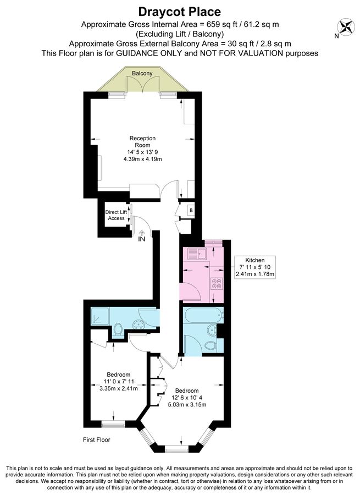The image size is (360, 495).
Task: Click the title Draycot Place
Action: [x=180, y=12]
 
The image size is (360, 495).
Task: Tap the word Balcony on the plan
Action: [x=142, y=73]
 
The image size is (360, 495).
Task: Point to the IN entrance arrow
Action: [x=141, y=235]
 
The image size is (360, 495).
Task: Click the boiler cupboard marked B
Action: [x=190, y=210]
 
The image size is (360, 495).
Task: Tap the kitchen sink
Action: [x=196, y=254]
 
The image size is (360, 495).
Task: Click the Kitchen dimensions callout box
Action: [x=254, y=267]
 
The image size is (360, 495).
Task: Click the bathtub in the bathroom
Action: [x=202, y=317]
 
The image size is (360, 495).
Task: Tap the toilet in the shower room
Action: [x=118, y=331]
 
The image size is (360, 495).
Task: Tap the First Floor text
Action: [x=96, y=439]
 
